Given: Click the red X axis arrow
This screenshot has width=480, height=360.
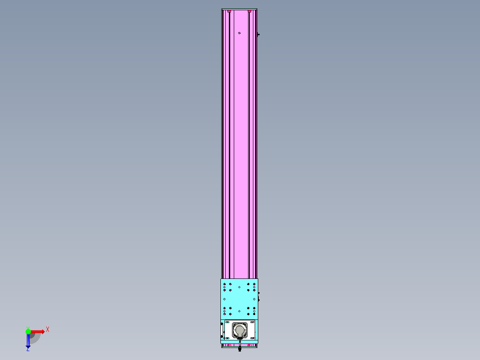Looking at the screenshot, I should click(38, 331).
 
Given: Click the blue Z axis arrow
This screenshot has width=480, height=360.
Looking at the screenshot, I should click(28, 341).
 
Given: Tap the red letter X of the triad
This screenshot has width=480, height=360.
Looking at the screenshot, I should click(48, 329).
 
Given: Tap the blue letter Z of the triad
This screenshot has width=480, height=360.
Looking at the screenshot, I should click(28, 350).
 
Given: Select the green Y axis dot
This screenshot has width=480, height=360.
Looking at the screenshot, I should click(28, 331).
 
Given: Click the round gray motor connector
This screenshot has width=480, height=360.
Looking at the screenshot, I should click(240, 330).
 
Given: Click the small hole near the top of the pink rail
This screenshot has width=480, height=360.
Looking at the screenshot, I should click(239, 33).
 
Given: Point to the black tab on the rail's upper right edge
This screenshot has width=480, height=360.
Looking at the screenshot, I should click(258, 34).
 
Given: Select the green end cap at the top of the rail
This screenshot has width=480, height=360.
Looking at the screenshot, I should click(240, 9).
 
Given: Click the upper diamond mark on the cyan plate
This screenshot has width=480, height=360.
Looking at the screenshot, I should click(239, 287).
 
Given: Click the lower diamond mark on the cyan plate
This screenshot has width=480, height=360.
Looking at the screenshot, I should click(239, 311).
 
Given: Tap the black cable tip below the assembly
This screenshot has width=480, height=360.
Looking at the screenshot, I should click(240, 350).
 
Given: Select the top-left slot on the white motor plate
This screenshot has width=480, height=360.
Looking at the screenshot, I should click(227, 322).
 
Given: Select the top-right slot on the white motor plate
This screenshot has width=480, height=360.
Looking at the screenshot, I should click(252, 322).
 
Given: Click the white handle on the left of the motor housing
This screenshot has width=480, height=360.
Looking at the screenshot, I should click(222, 330).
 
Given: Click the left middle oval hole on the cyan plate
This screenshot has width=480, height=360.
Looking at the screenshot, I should click(224, 299).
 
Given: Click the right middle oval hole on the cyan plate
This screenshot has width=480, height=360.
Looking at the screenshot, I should click(254, 299).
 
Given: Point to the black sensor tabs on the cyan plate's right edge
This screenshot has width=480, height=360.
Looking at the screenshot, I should click(259, 296).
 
